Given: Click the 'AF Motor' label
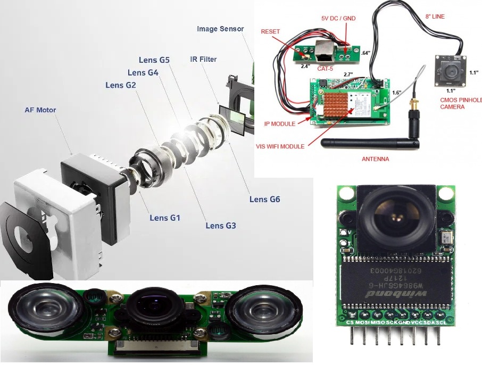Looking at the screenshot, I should tap(40, 110).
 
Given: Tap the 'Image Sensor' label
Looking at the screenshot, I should tap(220, 29).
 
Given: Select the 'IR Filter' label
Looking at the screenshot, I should tap(203, 59).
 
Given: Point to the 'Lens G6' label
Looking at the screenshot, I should tap(264, 200).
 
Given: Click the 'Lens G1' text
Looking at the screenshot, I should tap(165, 218).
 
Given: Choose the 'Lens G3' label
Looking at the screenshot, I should tap(221, 226).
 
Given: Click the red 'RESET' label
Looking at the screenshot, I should tap(270, 31).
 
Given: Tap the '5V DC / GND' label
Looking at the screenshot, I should tap(338, 19).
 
